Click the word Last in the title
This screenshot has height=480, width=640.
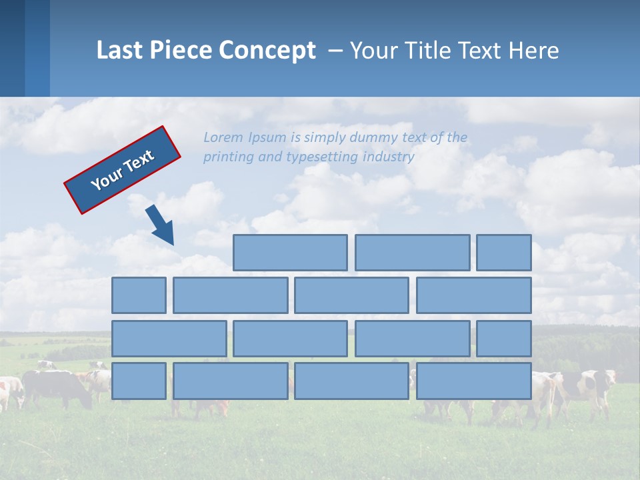pos(120,50)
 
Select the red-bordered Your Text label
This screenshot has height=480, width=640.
pos(123,169)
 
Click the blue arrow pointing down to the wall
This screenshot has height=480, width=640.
pos(160,225)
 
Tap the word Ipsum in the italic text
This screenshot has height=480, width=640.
pos(267,138)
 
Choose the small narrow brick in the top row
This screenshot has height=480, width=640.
pos(503,253)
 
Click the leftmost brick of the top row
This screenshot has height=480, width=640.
pos(290,253)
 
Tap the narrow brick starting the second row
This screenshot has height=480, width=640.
pos(139,295)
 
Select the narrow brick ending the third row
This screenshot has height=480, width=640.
pos(503,339)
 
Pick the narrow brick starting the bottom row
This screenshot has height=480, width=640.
pos(139,381)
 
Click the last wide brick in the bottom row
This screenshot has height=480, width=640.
pos(473,381)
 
